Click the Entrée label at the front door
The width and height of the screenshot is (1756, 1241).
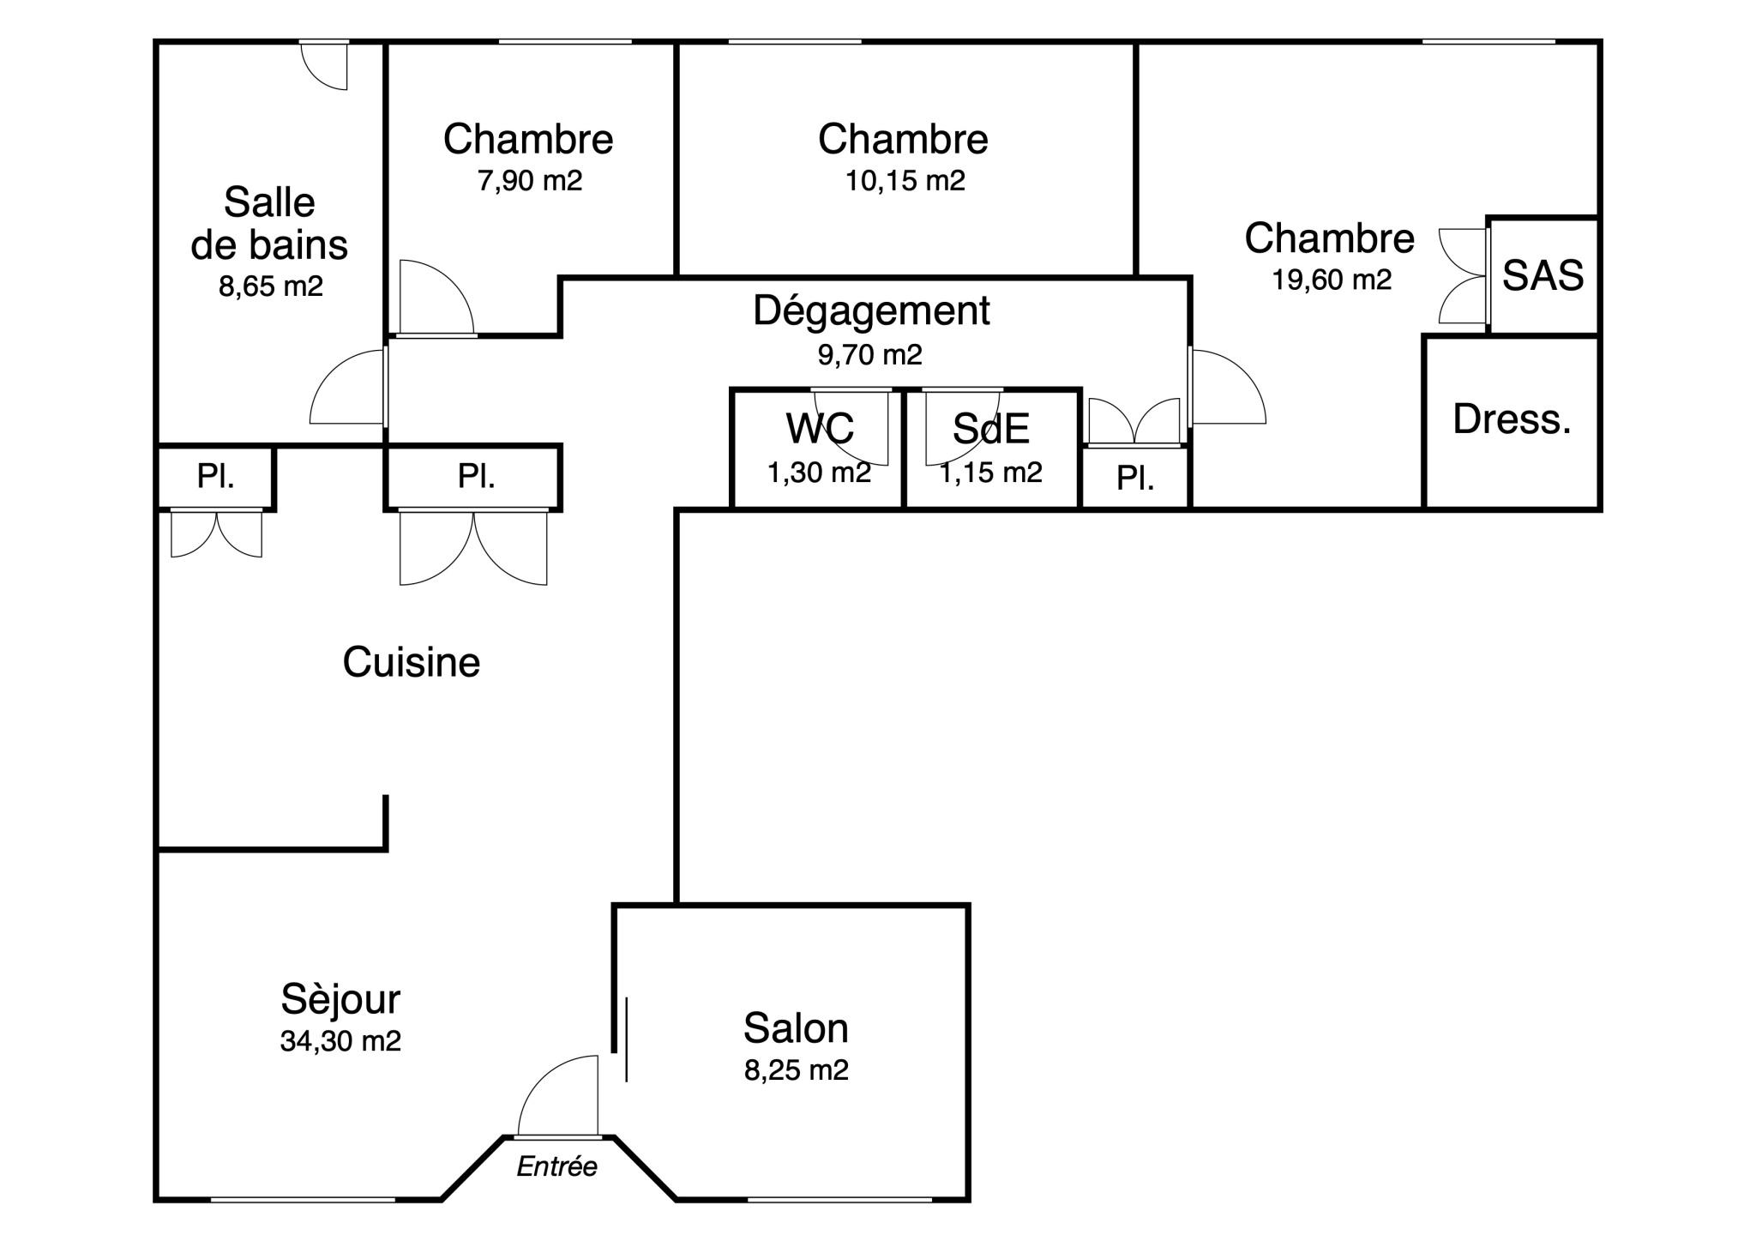(x=556, y=1166)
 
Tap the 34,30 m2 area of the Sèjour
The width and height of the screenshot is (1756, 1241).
(x=340, y=1041)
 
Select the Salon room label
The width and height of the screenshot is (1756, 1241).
(x=796, y=1027)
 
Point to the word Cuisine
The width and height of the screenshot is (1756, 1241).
(x=412, y=662)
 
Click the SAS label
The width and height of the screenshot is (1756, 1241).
(x=1543, y=275)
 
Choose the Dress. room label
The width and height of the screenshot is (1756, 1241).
(x=1512, y=419)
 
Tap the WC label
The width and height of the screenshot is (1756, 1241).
(x=820, y=429)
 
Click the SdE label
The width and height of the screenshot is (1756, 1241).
(x=991, y=429)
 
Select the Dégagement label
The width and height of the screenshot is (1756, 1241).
(x=871, y=310)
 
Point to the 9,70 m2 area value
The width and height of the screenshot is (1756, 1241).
(x=869, y=354)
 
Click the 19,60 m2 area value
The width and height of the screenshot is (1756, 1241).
(x=1332, y=280)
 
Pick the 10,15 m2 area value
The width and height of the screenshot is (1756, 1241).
(x=905, y=180)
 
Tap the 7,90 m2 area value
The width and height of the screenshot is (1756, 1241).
(x=530, y=180)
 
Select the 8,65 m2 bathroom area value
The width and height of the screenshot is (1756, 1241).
(x=271, y=286)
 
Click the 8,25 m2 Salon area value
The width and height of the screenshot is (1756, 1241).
(x=797, y=1070)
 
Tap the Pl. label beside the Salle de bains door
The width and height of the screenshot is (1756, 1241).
(x=476, y=476)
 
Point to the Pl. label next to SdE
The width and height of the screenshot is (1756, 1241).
(x=1135, y=479)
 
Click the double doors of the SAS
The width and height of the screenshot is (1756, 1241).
(x=1463, y=275)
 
